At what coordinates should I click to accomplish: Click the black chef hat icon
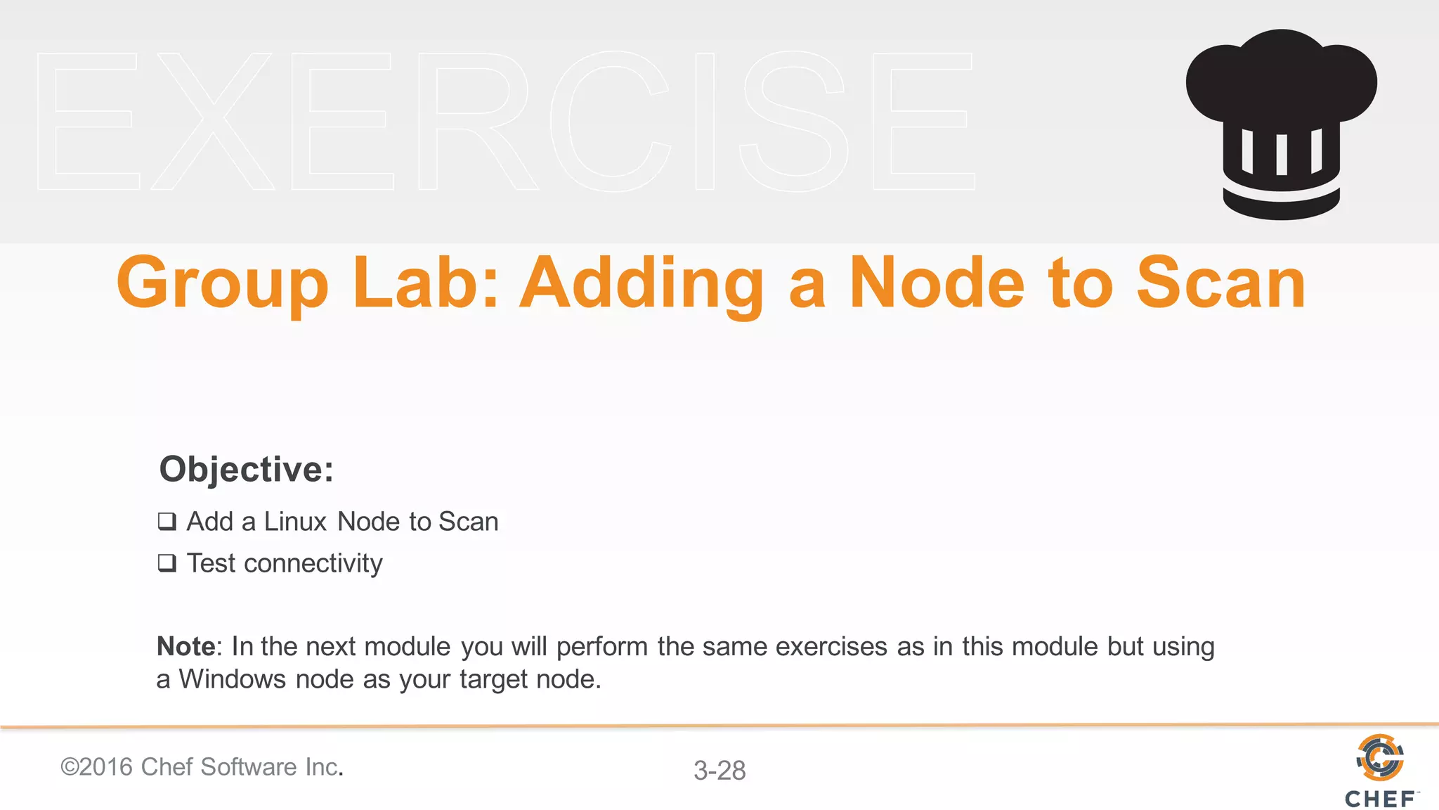(x=1281, y=123)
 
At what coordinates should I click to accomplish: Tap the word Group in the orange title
(x=222, y=283)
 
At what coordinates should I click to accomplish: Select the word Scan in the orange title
(x=1221, y=283)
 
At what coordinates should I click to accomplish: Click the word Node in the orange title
(x=936, y=283)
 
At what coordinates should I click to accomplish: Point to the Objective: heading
(x=246, y=469)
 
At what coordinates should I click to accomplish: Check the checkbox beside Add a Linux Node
(x=167, y=522)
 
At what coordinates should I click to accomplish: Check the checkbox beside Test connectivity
(x=167, y=563)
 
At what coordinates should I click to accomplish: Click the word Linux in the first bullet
(x=295, y=522)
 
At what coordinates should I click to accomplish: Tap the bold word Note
(x=185, y=646)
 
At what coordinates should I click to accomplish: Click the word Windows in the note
(x=232, y=679)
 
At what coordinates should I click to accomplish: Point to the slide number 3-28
(x=719, y=771)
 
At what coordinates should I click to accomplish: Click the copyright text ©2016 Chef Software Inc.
(x=202, y=767)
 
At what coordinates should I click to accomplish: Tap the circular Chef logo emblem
(x=1380, y=757)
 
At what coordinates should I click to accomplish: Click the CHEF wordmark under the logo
(x=1381, y=799)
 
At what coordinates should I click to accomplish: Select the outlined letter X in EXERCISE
(x=213, y=121)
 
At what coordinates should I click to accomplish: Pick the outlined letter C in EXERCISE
(x=610, y=121)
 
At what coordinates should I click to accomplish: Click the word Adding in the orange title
(x=642, y=283)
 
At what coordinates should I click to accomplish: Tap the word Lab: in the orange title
(x=425, y=283)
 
